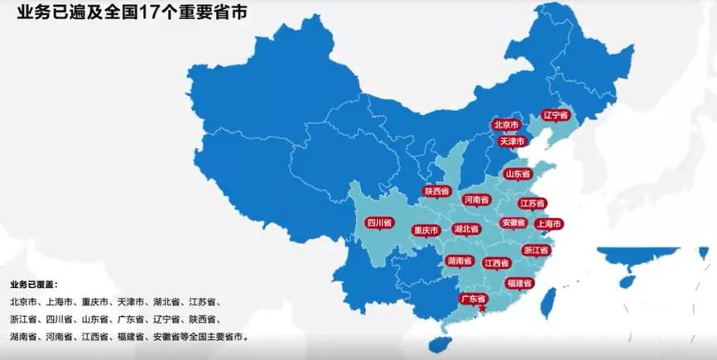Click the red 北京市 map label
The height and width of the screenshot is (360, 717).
506,125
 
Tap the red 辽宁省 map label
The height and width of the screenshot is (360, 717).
556,115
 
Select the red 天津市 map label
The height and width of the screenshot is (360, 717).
512,142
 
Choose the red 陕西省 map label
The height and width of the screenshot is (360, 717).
436,191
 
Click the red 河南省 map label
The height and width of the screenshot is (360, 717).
477,199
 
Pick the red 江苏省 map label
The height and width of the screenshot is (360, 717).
532,204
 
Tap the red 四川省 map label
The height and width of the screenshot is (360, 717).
378,223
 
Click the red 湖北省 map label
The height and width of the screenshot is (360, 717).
467,228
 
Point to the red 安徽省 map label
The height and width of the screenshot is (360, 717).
513,223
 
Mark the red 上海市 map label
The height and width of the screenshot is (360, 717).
549,223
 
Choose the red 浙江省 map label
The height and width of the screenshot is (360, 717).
536,249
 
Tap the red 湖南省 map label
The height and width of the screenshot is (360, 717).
459,261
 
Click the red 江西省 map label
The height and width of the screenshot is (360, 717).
497,264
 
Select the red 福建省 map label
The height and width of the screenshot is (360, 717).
520,283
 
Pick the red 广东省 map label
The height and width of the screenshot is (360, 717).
474,299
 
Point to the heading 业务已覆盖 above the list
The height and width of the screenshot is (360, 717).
34,286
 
